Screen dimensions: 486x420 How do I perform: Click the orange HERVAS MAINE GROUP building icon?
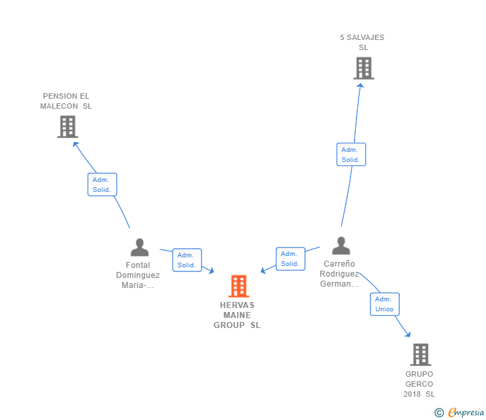239,286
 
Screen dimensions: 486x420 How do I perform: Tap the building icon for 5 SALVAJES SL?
364,68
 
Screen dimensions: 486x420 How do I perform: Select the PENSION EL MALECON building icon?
67,127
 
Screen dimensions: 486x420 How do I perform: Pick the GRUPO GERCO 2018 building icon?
421,355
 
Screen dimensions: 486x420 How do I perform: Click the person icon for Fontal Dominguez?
140,247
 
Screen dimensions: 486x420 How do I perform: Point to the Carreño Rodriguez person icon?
341,245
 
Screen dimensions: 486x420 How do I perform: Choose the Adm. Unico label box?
385,304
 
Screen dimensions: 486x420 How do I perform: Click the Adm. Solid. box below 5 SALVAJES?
351,155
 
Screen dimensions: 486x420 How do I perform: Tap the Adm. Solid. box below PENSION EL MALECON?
102,185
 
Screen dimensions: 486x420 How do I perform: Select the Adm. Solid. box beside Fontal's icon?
187,260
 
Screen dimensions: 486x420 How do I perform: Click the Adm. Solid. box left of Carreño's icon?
290,259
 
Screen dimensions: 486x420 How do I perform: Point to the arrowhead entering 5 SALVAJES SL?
360,86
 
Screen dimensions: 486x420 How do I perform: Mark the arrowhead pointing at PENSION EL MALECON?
75,144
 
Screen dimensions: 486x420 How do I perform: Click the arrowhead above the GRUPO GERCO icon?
408,334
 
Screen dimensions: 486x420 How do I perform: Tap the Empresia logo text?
466,412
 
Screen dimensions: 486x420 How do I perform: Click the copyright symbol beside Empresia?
439,413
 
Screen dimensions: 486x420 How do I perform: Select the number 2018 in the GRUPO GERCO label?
412,394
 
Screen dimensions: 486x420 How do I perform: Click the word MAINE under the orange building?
237,315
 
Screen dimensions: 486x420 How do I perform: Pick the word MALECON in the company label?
59,106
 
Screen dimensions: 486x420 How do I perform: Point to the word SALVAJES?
365,37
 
